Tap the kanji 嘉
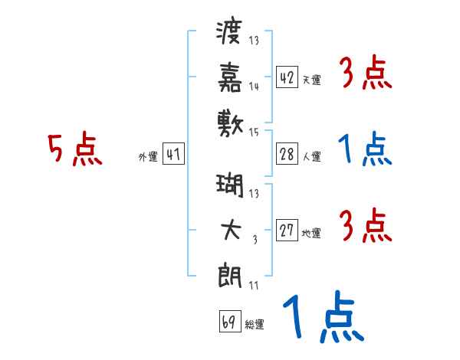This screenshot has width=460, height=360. coord(230,77)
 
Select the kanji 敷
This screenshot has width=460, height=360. coord(230,124)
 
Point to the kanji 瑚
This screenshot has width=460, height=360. coord(230,185)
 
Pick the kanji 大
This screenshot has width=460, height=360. coord(232,230)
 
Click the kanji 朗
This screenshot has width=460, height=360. coord(230,275)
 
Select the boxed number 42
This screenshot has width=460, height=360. coord(287,77)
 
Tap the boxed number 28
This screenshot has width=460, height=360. coord(287,154)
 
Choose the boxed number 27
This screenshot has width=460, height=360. coord(287,230)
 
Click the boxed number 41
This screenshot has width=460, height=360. coord(173,154)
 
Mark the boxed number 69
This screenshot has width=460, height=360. coord(230,321)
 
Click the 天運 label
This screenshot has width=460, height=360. coord(312,80)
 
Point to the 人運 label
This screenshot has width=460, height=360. coord(312,156)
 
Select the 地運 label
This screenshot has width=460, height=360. coord(311,233)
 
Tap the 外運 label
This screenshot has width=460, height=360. coord(148,157)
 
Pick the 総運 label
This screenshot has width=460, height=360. coord(255,324)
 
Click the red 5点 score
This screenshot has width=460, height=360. coord(75,149)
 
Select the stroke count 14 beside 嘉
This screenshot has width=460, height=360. coord(254,87)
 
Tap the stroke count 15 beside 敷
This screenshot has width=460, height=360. coord(254,133)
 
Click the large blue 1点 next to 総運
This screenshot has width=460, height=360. coord(324,316)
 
